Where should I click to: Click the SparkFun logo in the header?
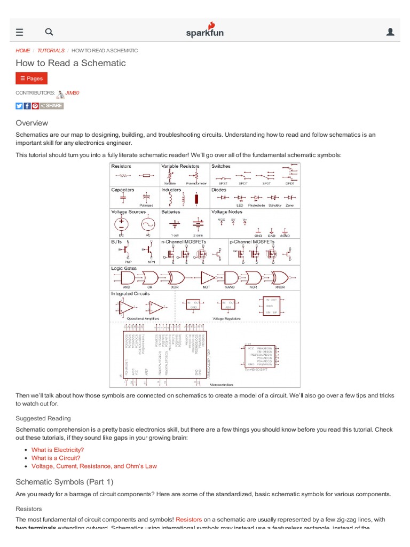[x=205, y=30]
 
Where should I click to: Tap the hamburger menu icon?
[x=20, y=32]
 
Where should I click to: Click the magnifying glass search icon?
[x=49, y=32]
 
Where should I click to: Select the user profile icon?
[x=390, y=32]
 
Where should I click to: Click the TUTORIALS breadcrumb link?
[x=51, y=51]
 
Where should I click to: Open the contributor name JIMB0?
[x=72, y=93]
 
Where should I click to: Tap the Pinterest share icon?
[x=35, y=106]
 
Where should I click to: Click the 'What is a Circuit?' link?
[x=56, y=458]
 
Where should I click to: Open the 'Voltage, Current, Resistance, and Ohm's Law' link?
[x=94, y=466]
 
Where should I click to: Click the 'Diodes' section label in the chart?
[x=219, y=190]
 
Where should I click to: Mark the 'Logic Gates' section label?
[x=124, y=268]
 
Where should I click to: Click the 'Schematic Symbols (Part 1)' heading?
[x=65, y=481]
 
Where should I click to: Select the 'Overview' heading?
[x=32, y=123]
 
